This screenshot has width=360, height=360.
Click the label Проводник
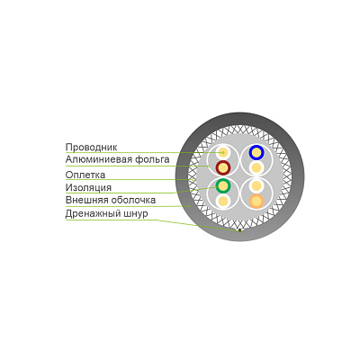coord(91,148)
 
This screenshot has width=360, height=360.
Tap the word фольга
coord(152,159)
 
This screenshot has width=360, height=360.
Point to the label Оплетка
coord(85,175)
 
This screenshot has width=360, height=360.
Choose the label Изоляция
coord(88,188)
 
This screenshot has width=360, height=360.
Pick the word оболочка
coord(133,200)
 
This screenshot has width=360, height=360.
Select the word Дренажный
coord(93,214)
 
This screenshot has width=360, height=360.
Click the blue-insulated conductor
coord(256,153)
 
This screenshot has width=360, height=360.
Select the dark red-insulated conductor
coord(223,168)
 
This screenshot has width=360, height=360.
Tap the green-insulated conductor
coord(223,186)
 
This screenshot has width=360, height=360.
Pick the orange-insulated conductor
coord(256,201)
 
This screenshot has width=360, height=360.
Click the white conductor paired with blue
coord(256,168)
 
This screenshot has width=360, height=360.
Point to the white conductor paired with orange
coord(256,186)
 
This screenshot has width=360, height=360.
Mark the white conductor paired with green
coord(223,201)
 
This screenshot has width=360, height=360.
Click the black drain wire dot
coord(239,230)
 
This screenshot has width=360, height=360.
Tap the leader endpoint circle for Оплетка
coord(193,179)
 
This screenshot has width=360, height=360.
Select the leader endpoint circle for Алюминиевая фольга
coord(208,166)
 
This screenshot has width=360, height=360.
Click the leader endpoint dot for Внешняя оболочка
coord(189,206)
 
